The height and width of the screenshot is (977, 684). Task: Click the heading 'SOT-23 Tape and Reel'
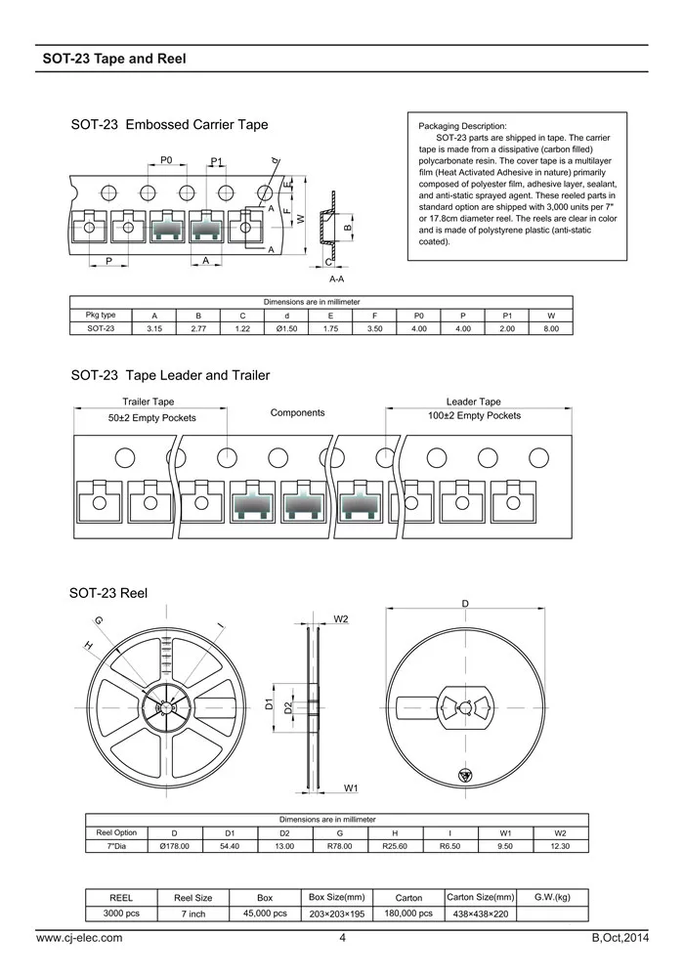[x=114, y=59]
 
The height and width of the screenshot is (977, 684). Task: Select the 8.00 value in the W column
[x=551, y=329]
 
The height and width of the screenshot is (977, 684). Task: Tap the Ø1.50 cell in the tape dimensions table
[x=286, y=329]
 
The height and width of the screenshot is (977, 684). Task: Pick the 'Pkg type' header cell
[x=101, y=316]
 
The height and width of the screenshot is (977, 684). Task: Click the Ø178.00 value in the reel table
[x=174, y=846]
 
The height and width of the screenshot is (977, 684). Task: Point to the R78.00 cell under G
[x=339, y=846]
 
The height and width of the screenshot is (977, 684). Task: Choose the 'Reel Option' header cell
[x=116, y=832]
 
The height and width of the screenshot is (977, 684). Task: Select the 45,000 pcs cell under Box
[x=265, y=913]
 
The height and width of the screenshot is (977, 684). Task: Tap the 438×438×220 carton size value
[x=480, y=913]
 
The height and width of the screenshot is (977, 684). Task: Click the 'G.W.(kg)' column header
[x=552, y=897]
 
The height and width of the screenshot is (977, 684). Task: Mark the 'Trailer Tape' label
[x=149, y=402]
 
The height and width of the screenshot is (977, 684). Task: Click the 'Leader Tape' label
[x=473, y=402]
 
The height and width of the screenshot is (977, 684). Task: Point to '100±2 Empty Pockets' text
[x=475, y=416]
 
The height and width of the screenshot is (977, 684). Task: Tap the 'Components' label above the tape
[x=297, y=413]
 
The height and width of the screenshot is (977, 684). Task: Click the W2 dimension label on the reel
[x=341, y=618]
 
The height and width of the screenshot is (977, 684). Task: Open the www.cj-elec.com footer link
[x=79, y=938]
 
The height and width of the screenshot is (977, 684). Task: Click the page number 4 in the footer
[x=342, y=938]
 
